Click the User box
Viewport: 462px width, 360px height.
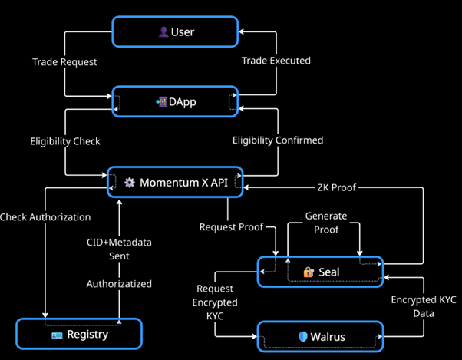pyautogui.click(x=176, y=32)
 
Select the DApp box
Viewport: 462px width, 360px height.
pyautogui.click(x=176, y=101)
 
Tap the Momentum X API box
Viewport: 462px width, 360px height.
pyautogui.click(x=175, y=183)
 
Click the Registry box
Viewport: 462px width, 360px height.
pyautogui.click(x=79, y=334)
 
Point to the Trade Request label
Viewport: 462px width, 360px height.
pyautogui.click(x=65, y=61)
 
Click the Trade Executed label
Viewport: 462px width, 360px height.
pyautogui.click(x=276, y=61)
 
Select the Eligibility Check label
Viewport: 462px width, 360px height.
pyautogui.click(x=65, y=141)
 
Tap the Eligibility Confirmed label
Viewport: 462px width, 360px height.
pyautogui.click(x=278, y=140)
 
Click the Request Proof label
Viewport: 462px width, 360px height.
pyautogui.click(x=231, y=227)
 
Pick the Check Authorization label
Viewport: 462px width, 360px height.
pyautogui.click(x=45, y=216)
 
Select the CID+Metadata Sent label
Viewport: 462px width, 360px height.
pyautogui.click(x=118, y=249)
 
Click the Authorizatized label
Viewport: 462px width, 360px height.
pyautogui.click(x=118, y=284)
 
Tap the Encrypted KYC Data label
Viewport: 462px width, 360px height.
pyautogui.click(x=424, y=306)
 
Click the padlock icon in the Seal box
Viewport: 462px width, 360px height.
pyautogui.click(x=308, y=272)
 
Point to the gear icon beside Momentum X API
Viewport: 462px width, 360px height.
pyautogui.click(x=129, y=183)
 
